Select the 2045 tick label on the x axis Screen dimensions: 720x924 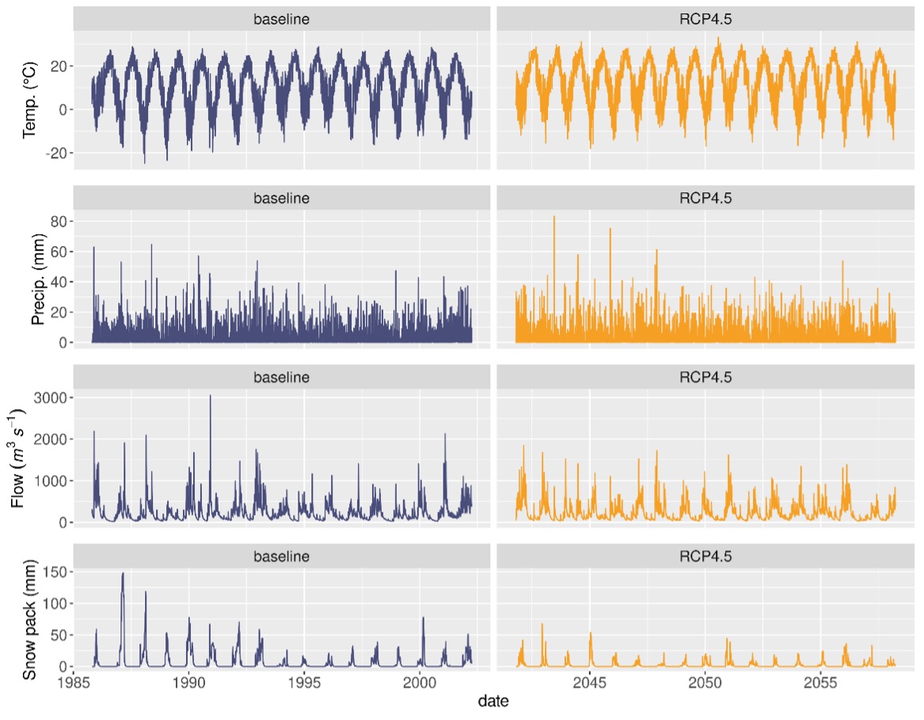click(x=590, y=682)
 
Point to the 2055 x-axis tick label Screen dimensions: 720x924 click(x=820, y=682)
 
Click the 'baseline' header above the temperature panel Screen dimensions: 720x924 click(x=281, y=19)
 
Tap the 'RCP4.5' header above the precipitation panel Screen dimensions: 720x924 click(x=705, y=197)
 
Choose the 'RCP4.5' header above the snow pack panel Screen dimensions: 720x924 click(x=705, y=556)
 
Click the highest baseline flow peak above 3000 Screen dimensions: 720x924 click(x=210, y=396)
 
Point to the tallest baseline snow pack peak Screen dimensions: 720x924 click(x=123, y=573)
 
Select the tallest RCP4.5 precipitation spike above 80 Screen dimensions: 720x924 click(x=553, y=217)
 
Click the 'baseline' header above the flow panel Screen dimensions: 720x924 click(x=281, y=377)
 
